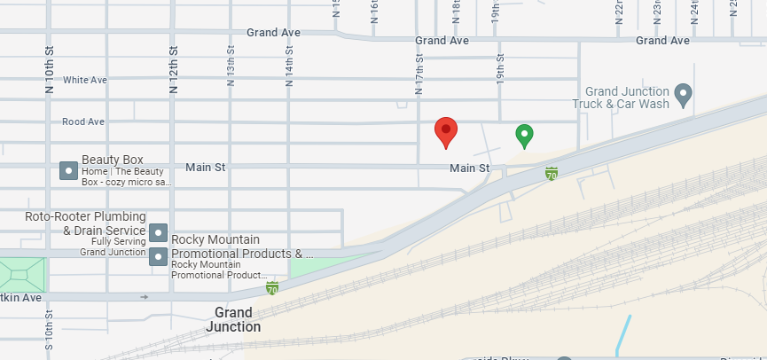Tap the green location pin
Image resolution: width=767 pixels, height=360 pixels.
525,136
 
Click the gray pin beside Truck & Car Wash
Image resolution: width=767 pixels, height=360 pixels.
683,93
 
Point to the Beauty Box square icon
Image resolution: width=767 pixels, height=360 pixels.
68,169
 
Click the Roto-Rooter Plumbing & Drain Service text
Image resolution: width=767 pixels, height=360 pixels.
85,223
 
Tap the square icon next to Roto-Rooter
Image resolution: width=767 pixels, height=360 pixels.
158,232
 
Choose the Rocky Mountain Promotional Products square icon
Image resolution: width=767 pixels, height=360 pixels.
158,257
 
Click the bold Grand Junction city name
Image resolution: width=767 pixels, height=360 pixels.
233,319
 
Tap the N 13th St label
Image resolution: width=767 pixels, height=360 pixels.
231,67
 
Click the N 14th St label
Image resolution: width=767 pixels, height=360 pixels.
288,67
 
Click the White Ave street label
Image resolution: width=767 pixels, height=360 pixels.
85,80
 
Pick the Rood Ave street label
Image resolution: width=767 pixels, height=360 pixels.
83,121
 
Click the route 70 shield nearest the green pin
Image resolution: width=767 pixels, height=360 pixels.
552,173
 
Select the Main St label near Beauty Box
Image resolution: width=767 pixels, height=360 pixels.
206,167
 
